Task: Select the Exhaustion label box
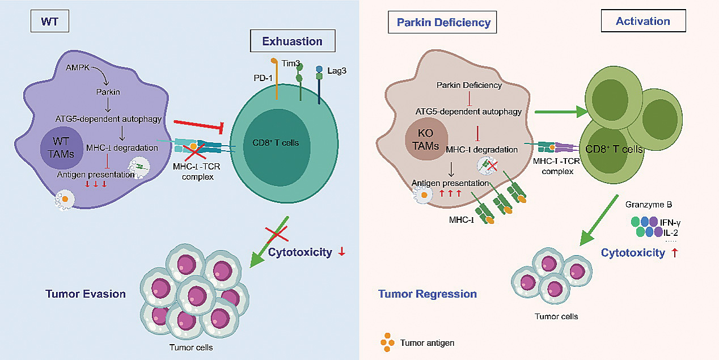coord(292,41)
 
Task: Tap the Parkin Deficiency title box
coord(443,23)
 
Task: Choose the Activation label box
coord(643,22)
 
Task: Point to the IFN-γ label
coord(671,222)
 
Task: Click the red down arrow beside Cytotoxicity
coord(341,252)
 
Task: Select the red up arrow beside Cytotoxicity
coord(674,253)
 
